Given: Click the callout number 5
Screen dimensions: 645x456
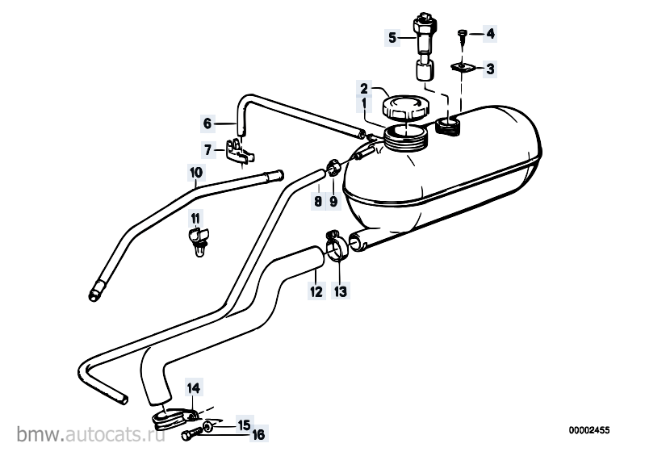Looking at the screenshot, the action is point(392,38).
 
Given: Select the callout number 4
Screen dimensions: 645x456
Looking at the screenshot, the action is point(490,33).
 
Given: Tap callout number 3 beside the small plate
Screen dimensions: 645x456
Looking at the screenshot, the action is point(490,69).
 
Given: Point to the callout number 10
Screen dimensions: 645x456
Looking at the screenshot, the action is point(196,172).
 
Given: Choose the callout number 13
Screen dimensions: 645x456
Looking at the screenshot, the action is point(341,291).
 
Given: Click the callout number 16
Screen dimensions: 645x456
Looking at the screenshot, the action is point(258,434).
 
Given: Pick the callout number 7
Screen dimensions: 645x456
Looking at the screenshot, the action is point(208,150).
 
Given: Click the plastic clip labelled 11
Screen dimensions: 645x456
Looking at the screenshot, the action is point(199,243).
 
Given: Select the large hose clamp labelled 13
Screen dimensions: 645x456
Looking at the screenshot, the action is point(337,246).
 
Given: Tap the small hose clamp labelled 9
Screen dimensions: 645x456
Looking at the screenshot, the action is point(333,169).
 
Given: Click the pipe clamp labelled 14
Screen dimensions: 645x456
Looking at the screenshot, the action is point(173,418).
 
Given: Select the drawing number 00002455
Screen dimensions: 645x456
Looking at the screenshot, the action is point(589,430).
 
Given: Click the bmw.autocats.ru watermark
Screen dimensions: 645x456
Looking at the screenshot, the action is point(91,434).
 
